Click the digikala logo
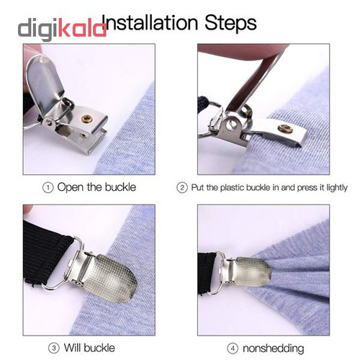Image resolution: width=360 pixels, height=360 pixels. tap(62, 29)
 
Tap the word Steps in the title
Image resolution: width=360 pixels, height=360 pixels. tap(230, 23)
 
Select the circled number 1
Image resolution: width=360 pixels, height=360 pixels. tap(48, 188)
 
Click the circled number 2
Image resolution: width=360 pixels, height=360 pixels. tap(182, 188)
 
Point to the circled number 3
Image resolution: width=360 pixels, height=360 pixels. tap(54, 348)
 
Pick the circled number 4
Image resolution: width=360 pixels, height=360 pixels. tap(233, 348)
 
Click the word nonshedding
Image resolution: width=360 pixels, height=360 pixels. tap(273, 348)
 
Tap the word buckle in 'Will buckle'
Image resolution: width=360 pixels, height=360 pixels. tap(99, 348)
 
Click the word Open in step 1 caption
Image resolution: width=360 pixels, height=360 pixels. tap(71, 187)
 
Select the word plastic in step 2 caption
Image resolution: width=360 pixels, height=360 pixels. tap(232, 188)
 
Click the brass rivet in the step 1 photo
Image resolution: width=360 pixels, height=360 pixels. tap(87, 118)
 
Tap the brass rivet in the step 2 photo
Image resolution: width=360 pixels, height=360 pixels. tap(285, 129)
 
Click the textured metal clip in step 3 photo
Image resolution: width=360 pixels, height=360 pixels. tap(108, 277)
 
